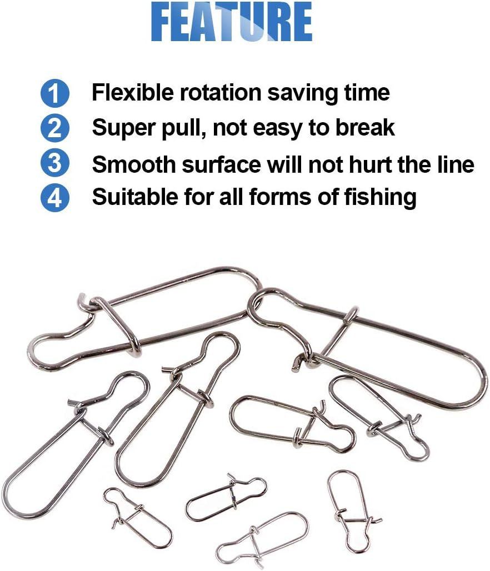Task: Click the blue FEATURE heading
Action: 231,23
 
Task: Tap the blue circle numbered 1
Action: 55,93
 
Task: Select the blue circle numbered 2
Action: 55,128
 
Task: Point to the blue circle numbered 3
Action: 55,164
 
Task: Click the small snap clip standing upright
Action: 348,511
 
